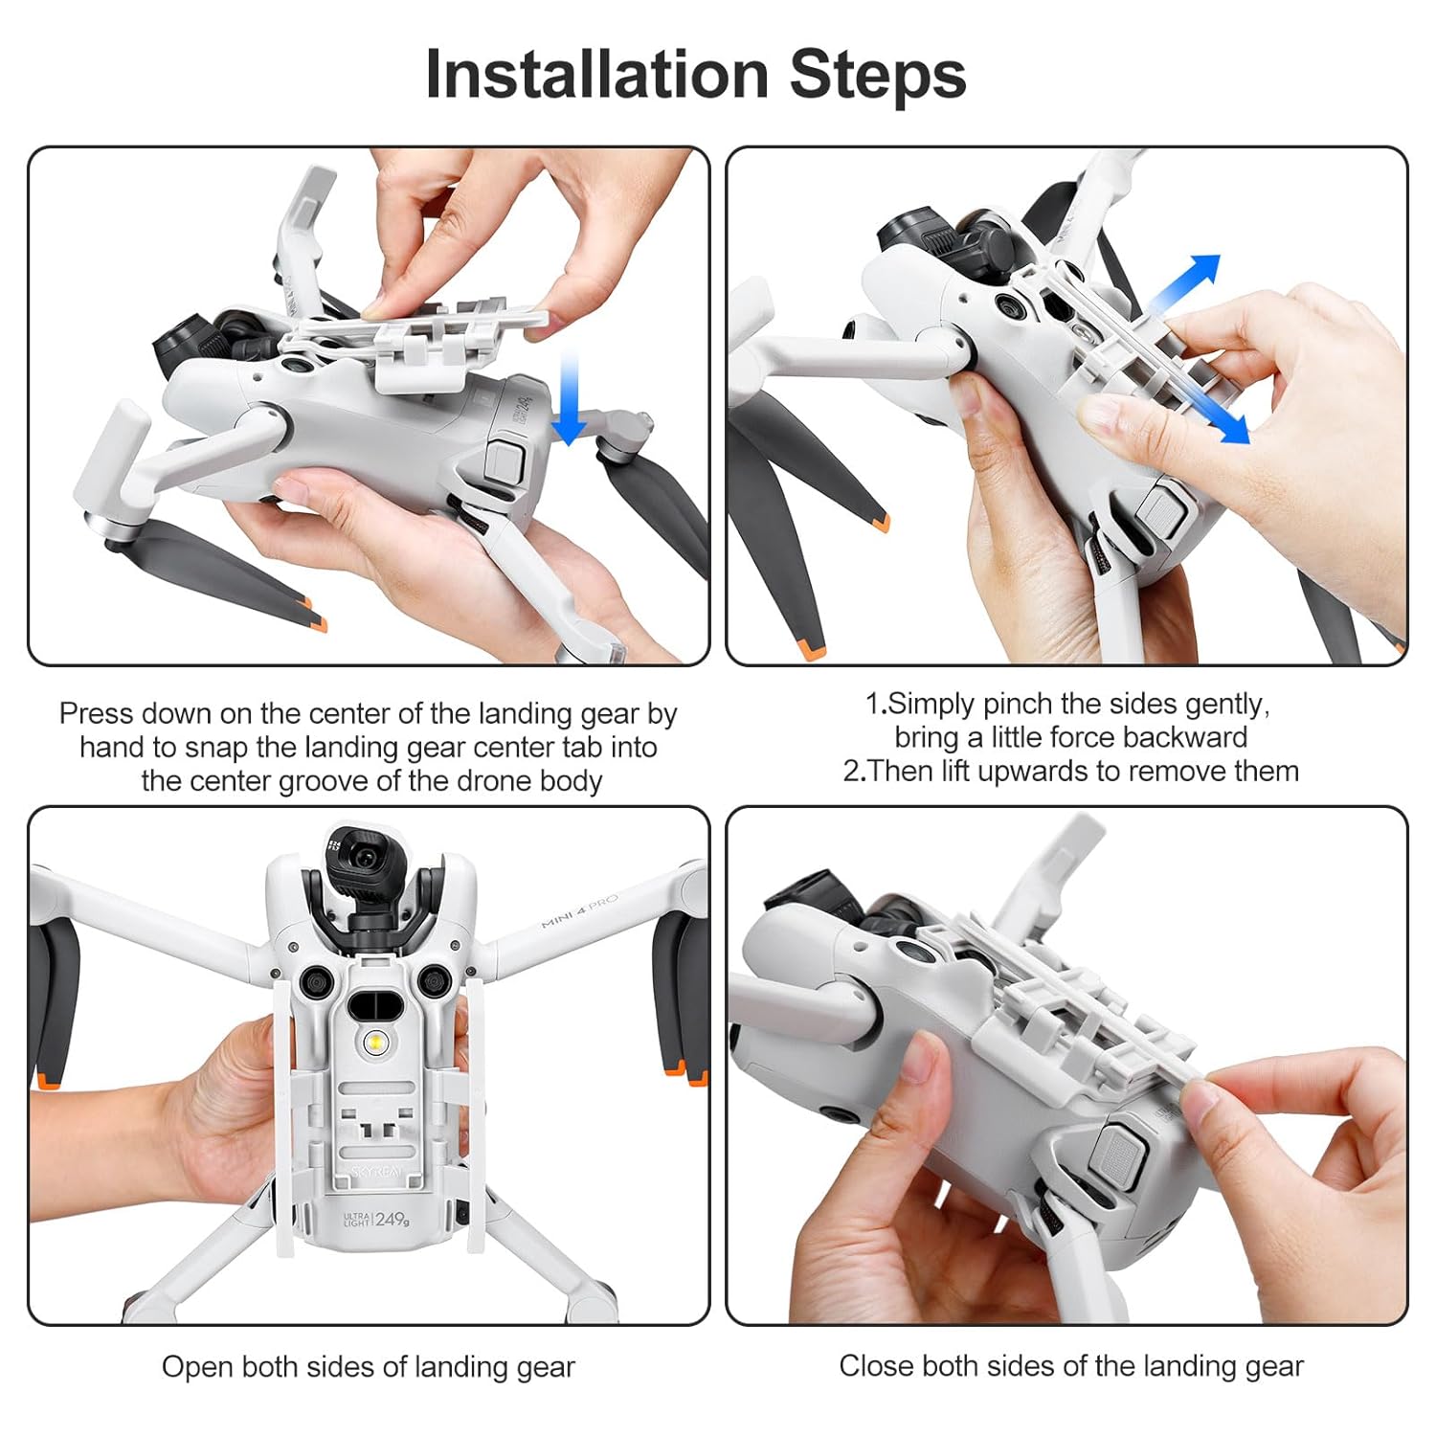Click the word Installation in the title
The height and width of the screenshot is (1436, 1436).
[597, 75]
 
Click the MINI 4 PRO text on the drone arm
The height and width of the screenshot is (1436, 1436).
[579, 910]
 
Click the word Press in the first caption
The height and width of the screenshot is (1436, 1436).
[96, 713]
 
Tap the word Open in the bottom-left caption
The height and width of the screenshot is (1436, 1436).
[197, 1367]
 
